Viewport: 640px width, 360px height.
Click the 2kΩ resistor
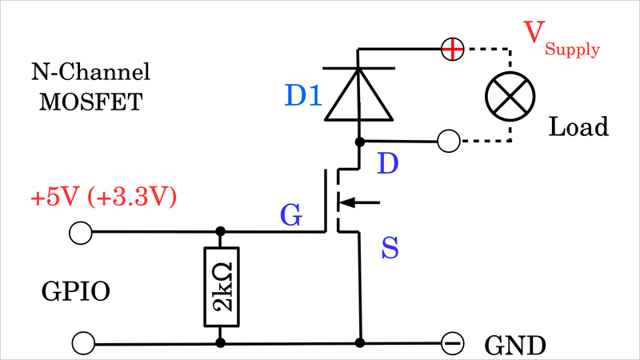pos(221,288)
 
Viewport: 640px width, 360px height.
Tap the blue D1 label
pos(303,97)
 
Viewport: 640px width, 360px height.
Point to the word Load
pos(578,126)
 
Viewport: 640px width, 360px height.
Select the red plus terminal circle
pos(452,50)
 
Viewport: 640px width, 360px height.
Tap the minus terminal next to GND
pos(452,343)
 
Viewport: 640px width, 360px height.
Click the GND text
pos(515,346)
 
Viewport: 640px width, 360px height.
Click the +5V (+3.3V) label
pos(102,197)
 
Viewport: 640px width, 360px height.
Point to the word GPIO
pos(75,293)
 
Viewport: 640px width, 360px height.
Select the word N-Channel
pos(90,74)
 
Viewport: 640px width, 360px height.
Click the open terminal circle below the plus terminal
pos(450,142)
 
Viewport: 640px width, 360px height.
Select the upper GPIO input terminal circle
pos(80,233)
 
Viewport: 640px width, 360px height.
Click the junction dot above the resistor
pos(221,232)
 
